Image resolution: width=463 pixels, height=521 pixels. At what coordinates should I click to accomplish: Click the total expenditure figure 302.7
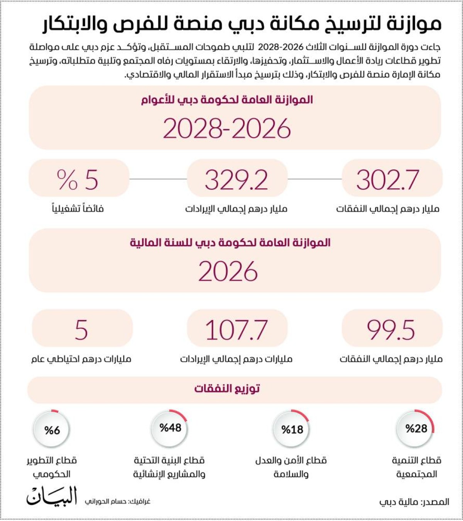(x=387, y=180)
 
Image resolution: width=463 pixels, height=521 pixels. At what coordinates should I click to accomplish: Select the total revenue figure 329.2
(x=236, y=180)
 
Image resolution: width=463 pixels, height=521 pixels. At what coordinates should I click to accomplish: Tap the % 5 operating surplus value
(x=78, y=180)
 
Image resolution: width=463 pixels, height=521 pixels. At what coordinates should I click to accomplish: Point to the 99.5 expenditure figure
(x=390, y=330)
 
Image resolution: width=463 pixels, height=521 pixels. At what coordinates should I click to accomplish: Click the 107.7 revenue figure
(x=236, y=330)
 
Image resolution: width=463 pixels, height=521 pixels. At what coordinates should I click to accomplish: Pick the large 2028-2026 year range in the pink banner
(x=227, y=128)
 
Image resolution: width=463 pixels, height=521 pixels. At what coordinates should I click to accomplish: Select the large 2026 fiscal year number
(x=228, y=271)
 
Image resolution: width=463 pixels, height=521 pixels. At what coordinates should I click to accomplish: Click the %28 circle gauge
(x=416, y=428)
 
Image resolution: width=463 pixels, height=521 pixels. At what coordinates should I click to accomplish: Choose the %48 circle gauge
(x=170, y=428)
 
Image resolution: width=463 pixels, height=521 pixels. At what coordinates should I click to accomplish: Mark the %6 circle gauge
(x=52, y=430)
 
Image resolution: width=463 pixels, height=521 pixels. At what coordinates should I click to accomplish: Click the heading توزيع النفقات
(x=227, y=388)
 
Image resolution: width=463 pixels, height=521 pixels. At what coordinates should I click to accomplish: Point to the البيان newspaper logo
(x=52, y=496)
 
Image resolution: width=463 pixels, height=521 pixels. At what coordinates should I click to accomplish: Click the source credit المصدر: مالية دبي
(x=414, y=502)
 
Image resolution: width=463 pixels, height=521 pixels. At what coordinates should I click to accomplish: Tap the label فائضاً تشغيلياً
(x=78, y=209)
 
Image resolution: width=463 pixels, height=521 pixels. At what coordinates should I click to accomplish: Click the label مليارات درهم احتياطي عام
(x=81, y=359)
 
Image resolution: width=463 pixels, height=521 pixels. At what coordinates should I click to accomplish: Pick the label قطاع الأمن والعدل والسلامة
(x=291, y=467)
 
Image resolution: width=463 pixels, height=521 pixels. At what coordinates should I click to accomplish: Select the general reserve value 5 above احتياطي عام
(x=81, y=330)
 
